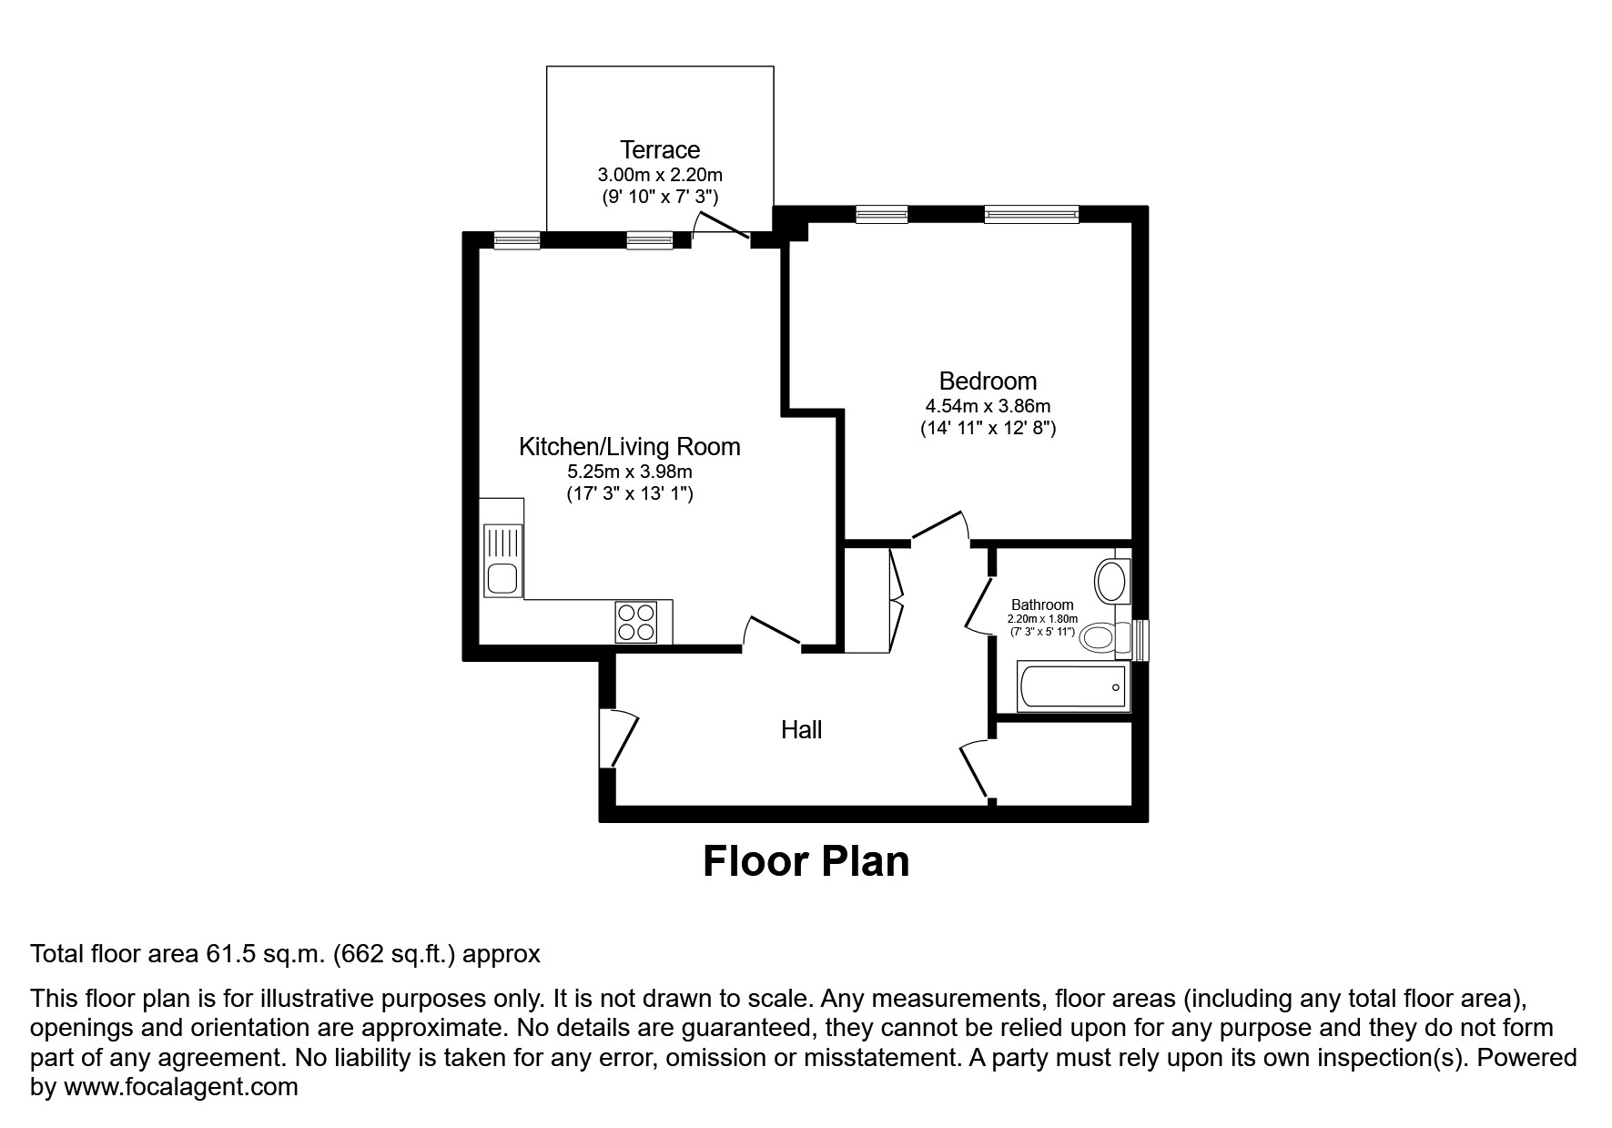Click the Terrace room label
[660, 149]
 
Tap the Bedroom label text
[988, 381]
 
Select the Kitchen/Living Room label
[629, 446]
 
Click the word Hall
[801, 729]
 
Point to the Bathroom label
[1042, 605]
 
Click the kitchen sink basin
[502, 578]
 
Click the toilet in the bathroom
[1100, 636]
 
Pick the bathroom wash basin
[1110, 580]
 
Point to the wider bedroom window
[1030, 215]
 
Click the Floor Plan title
[806, 860]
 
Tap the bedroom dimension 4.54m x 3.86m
[988, 406]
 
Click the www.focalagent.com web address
[179, 1086]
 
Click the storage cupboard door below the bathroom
[976, 769]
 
